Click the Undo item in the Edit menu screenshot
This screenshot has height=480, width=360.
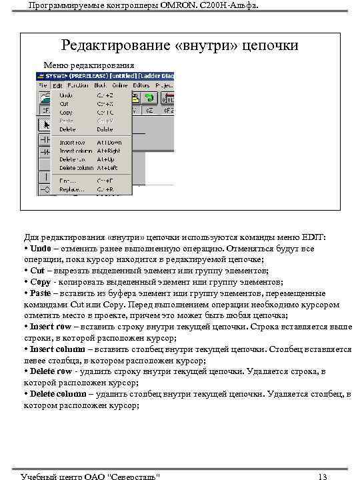click(66, 95)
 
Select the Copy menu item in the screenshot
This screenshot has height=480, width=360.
click(66, 113)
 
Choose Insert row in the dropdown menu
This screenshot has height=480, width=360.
click(72, 143)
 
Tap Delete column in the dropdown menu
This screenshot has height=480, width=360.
click(76, 168)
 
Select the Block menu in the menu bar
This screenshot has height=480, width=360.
click(101, 85)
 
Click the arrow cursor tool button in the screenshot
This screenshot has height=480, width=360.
click(46, 125)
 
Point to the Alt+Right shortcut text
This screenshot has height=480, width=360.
click(109, 151)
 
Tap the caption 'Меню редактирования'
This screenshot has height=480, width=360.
click(89, 65)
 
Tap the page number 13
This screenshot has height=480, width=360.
click(323, 475)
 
